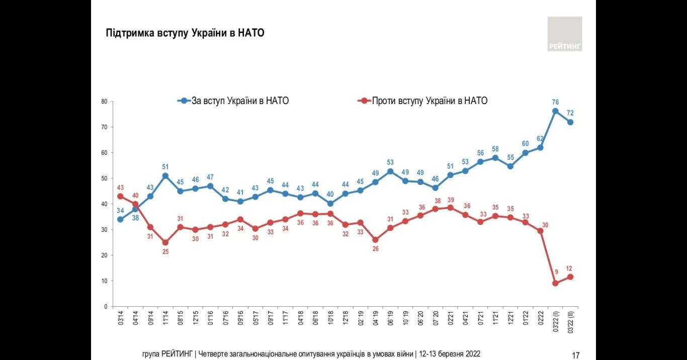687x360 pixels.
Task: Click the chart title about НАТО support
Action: [185, 33]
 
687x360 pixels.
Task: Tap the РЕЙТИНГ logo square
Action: [564, 34]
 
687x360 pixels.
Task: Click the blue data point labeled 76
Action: [555, 111]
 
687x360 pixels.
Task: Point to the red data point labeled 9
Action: [555, 283]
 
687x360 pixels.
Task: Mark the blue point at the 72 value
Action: [570, 122]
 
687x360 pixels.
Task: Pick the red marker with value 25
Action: [165, 242]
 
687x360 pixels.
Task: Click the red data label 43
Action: [120, 188]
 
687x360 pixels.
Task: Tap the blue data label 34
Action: [120, 210]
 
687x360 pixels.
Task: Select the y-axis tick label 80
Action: [104, 102]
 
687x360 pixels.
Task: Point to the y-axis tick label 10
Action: [104, 281]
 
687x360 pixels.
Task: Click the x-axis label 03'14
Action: [121, 319]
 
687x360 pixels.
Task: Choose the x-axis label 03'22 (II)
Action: [570, 322]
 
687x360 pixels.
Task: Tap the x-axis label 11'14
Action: [165, 319]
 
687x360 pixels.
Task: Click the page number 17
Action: [576, 355]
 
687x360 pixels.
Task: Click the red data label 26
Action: [375, 248]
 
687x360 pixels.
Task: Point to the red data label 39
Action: [450, 199]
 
